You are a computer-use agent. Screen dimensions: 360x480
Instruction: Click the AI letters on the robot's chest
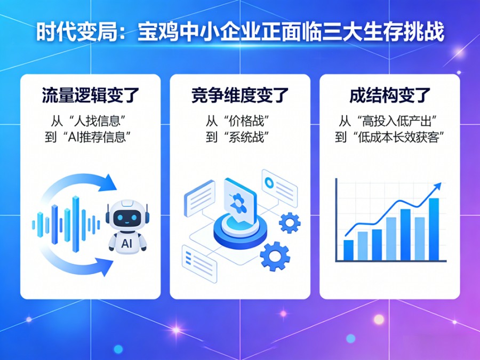[127, 243]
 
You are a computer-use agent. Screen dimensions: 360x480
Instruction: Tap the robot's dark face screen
[127, 218]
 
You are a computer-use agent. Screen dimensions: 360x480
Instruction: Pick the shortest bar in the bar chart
[348, 249]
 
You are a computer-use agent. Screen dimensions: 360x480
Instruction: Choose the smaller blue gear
[290, 222]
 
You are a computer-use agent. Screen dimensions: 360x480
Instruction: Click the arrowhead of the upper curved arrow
[109, 182]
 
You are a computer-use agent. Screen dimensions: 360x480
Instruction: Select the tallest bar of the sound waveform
[76, 223]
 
